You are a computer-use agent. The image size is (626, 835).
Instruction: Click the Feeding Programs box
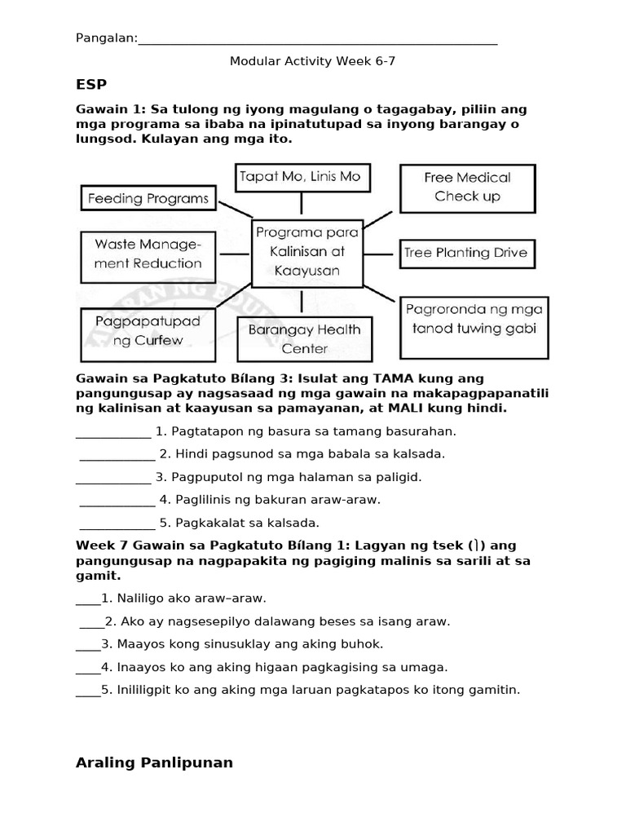(148, 198)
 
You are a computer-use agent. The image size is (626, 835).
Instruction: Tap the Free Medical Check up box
(467, 187)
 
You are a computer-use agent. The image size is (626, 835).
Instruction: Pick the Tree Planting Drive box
(466, 253)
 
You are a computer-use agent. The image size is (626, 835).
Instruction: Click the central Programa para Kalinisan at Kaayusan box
(307, 252)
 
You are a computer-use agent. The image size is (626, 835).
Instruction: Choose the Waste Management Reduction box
(148, 254)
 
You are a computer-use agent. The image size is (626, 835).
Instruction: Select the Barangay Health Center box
(304, 339)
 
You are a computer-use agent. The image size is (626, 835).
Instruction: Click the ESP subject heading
(91, 84)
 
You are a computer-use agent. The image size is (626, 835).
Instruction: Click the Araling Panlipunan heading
(154, 762)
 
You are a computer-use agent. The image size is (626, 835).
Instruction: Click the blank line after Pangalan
(318, 39)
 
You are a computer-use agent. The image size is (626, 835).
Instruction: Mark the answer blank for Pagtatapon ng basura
(113, 431)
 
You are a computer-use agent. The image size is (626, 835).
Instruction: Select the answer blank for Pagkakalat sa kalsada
(117, 523)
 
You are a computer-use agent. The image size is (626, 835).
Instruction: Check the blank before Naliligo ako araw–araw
(88, 599)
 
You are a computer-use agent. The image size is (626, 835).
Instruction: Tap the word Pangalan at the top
(106, 38)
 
